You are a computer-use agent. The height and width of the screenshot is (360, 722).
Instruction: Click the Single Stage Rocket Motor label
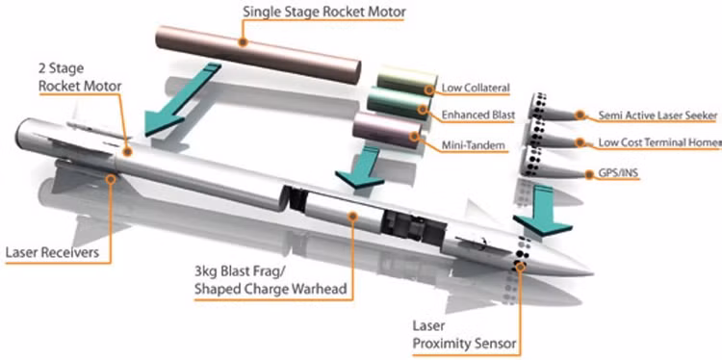click(324, 12)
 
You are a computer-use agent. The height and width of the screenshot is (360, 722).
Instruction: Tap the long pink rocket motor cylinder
click(258, 54)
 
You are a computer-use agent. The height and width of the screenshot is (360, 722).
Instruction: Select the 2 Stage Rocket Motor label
click(80, 77)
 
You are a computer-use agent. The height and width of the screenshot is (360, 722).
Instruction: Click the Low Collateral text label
click(476, 88)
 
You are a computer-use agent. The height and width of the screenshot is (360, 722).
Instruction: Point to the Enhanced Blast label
click(478, 116)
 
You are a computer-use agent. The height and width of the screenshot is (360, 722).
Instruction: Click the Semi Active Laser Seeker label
click(658, 116)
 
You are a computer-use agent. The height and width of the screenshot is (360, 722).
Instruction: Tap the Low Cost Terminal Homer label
click(659, 142)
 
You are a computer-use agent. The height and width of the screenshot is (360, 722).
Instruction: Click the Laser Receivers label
click(52, 252)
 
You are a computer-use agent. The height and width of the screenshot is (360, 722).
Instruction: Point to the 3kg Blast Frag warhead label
click(271, 279)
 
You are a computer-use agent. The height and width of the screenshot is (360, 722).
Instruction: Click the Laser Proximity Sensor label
click(464, 335)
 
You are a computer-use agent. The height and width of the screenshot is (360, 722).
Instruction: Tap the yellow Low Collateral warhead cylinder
click(406, 81)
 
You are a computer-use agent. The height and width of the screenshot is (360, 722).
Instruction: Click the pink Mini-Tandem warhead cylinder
click(387, 130)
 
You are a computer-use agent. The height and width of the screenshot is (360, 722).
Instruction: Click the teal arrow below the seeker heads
click(543, 210)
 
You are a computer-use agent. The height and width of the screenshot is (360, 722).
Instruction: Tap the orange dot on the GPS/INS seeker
click(589, 174)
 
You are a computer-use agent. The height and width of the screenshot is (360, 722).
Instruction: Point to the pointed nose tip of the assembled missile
click(592, 274)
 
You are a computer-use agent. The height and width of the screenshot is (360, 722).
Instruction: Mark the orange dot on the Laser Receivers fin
click(111, 179)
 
